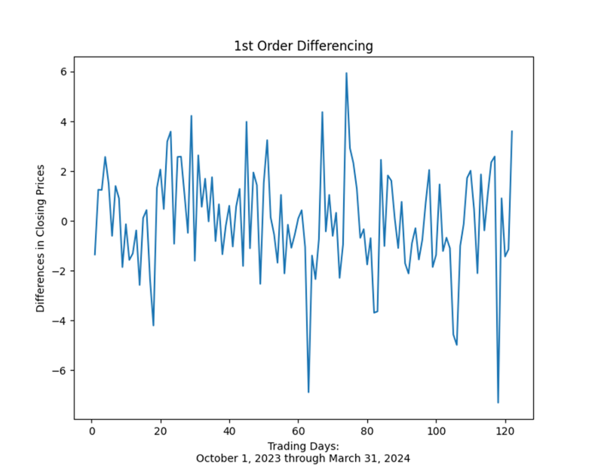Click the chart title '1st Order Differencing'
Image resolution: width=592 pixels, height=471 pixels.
pos(303,46)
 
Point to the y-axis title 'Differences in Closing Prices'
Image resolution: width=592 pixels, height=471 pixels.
pos(40,238)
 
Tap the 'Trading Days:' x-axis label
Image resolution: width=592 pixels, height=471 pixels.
pos(303,446)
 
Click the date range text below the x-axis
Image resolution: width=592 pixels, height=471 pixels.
pos(303,459)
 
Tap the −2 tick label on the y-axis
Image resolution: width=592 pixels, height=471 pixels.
pos(60,271)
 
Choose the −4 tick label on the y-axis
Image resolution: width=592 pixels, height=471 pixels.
pos(60,321)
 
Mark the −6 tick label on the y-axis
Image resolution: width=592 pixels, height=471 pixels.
pos(60,371)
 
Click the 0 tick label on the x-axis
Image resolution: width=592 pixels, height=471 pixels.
pos(91,432)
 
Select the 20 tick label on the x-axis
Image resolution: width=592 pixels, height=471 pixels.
pos(160,432)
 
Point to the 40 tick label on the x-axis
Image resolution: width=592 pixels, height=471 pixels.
pos(229,432)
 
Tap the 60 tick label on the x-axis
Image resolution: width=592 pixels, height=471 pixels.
pos(298,432)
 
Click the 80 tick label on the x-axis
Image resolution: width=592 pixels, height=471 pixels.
pos(367,432)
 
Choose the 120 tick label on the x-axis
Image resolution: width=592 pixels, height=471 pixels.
pos(505,432)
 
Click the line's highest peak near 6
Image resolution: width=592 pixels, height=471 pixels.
pos(347,73)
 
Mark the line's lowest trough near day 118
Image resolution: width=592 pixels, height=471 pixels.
pos(498,402)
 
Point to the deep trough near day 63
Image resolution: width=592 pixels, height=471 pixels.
pos(308,392)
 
